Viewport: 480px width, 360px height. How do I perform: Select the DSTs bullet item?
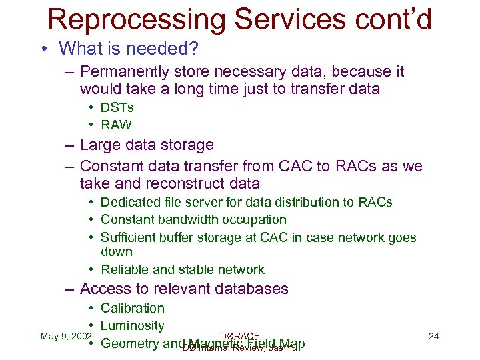[117, 107]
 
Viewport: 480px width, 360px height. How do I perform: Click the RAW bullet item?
[116, 125]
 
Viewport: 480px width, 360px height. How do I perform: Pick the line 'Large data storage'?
[147, 145]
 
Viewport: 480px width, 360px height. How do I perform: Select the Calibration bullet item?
[132, 308]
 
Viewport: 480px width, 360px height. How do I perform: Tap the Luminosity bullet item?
[132, 325]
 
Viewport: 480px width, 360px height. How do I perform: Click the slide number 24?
[433, 335]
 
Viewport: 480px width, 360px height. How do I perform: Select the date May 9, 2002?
[65, 335]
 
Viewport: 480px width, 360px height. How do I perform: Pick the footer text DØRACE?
[239, 336]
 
